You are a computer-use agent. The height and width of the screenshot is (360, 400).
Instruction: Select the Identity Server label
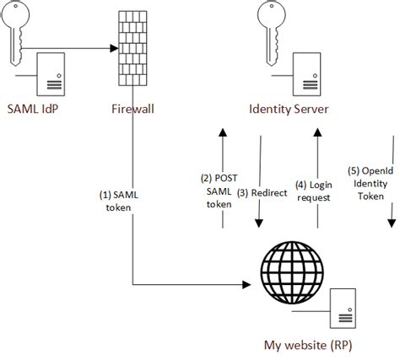[289, 108]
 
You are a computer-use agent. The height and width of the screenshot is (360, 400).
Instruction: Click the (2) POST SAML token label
[218, 191]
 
